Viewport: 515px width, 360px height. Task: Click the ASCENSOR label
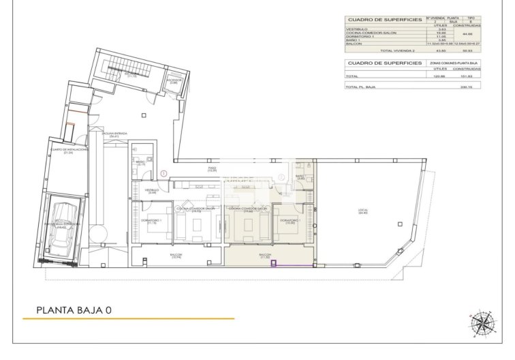(174, 80)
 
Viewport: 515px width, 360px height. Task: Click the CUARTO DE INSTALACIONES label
(67, 150)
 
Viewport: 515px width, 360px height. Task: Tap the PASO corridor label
(212, 168)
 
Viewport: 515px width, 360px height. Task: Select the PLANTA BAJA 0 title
(75, 310)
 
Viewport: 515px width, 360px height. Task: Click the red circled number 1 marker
(163, 174)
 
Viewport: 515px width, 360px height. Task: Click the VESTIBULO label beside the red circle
(152, 192)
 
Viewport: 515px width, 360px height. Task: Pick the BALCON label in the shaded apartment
(265, 256)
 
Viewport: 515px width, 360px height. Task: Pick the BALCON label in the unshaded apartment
(175, 256)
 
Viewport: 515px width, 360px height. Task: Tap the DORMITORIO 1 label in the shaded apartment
(290, 221)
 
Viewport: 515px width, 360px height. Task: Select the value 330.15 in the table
(467, 87)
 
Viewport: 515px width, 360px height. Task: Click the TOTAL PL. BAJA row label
(360, 87)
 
